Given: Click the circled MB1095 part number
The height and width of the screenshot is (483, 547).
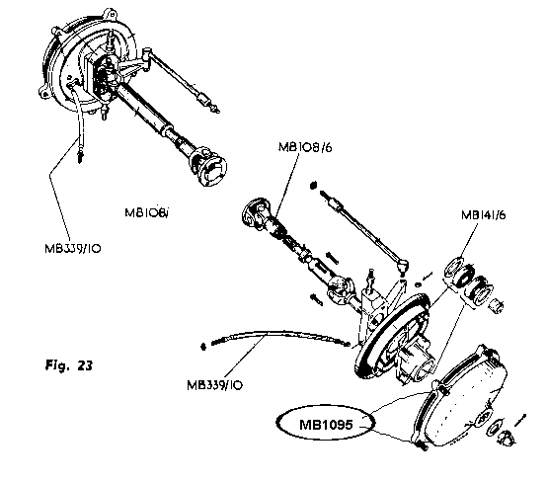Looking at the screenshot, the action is pyautogui.click(x=326, y=425).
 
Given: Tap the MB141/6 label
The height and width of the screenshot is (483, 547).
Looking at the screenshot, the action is pyautogui.click(x=483, y=214).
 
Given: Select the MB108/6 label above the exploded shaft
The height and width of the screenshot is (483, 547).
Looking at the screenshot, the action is pyautogui.click(x=305, y=147).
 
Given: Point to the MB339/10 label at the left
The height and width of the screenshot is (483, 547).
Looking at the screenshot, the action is pyautogui.click(x=73, y=249).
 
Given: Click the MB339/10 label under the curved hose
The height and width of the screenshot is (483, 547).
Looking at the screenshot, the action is pyautogui.click(x=214, y=385).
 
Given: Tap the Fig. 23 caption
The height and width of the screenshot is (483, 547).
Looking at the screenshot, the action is pyautogui.click(x=69, y=365).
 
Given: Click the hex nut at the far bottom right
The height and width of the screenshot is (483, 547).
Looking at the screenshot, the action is pyautogui.click(x=506, y=438).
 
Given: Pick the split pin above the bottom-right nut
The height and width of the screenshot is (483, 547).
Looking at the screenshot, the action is pyautogui.click(x=520, y=420).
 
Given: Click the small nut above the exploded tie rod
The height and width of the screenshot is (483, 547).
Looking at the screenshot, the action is pyautogui.click(x=313, y=185).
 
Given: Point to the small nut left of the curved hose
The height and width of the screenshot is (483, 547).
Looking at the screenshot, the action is pyautogui.click(x=203, y=347).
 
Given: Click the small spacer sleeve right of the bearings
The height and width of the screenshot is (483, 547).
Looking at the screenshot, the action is pyautogui.click(x=496, y=306).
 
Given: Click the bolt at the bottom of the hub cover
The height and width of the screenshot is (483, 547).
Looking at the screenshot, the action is pyautogui.click(x=421, y=444).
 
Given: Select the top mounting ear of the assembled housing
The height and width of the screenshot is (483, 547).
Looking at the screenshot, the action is pyautogui.click(x=111, y=15).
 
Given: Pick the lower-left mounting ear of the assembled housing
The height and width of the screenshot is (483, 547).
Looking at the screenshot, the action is pyautogui.click(x=44, y=93).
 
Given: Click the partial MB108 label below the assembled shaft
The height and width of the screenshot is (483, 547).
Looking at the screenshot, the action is pyautogui.click(x=146, y=212).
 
